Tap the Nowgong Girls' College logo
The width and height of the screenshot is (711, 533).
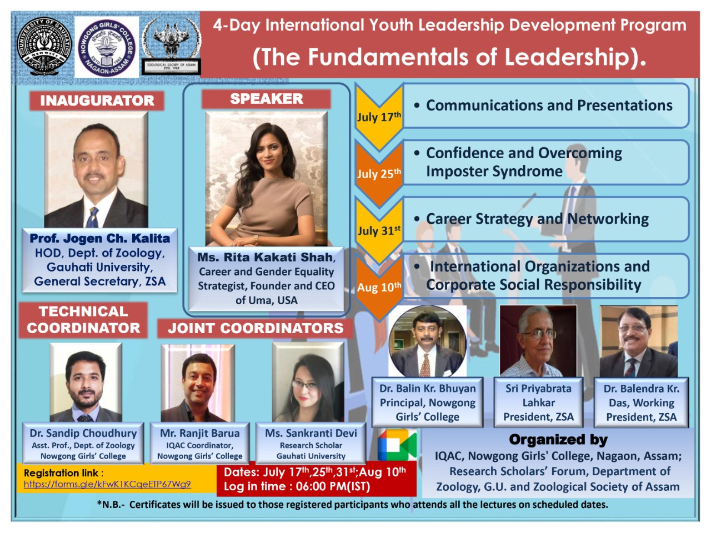coord(106,47)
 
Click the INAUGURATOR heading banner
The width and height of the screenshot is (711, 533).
coord(97,100)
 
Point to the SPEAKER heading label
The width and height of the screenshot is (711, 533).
coord(267,99)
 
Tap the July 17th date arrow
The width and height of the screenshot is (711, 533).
coord(379,117)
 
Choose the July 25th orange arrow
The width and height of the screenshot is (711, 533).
coord(379,173)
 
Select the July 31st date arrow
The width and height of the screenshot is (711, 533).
coord(379,230)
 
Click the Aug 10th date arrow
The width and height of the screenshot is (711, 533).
coord(379,287)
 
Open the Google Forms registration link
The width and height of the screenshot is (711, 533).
coord(107,484)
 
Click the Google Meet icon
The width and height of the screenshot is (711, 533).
coord(397,445)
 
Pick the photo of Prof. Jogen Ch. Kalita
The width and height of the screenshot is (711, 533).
coord(97,170)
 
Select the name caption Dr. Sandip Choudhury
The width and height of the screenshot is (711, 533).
coord(83,433)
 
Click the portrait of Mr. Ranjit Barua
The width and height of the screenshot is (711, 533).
coord(198,383)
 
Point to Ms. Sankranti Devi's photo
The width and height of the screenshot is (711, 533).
coord(308,383)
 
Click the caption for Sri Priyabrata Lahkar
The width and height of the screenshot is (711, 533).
coord(538,403)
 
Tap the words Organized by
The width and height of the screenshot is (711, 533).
coord(558,440)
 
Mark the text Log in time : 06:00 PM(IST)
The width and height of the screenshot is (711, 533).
coord(297,487)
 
